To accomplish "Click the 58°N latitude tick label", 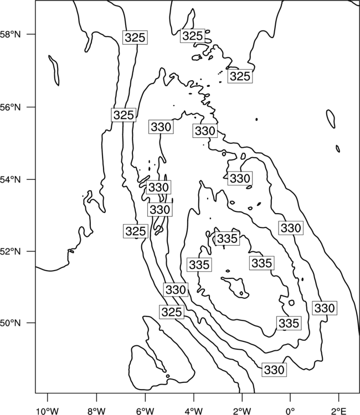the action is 11,34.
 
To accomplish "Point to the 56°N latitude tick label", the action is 11,107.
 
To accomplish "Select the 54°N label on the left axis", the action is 11,180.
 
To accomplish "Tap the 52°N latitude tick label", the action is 11,251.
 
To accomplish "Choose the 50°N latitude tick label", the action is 11,323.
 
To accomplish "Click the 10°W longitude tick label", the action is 48,412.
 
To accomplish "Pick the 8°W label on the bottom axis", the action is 96,412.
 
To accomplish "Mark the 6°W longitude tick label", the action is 145,412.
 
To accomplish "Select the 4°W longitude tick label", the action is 194,412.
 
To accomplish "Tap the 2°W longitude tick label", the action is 242,412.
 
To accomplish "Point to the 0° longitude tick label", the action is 290,412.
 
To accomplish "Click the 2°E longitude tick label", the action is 339,412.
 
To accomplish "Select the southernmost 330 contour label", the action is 275,370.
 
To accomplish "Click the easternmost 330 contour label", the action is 325,308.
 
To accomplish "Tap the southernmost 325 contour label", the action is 172,312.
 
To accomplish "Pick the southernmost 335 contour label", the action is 289,323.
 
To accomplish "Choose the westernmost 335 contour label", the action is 199,264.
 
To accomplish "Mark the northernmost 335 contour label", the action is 227,238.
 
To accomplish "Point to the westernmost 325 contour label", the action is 124,115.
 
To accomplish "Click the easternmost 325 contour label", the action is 240,76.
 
